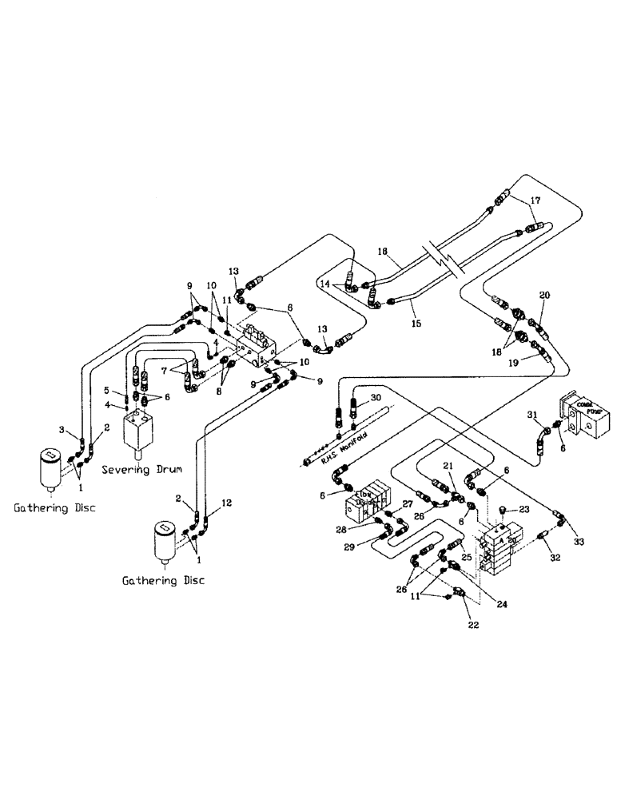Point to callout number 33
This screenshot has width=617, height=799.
click(x=579, y=543)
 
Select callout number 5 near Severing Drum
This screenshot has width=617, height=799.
click(x=105, y=391)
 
